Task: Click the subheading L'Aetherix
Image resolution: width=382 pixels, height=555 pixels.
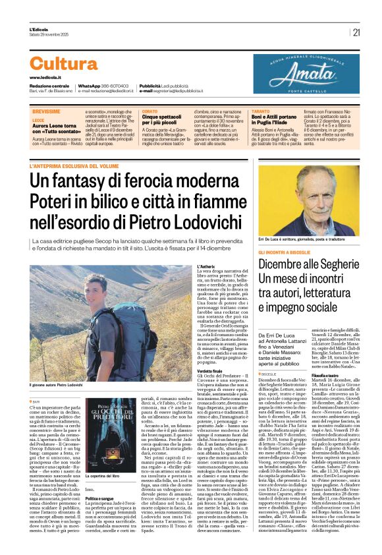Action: [x=205, y=266]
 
